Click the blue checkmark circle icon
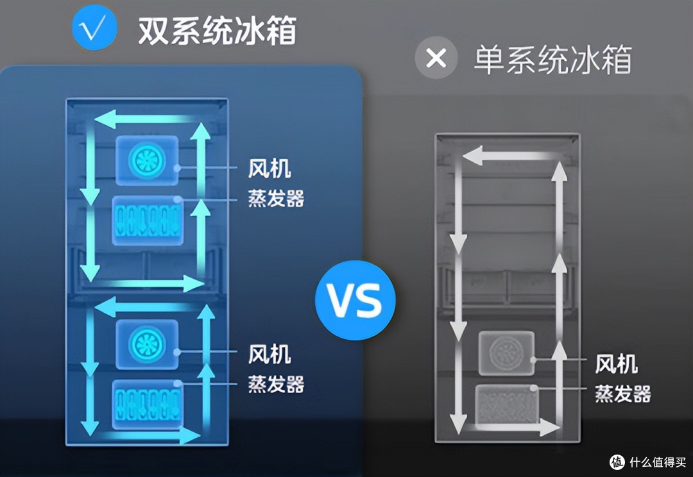pyautogui.click(x=94, y=28)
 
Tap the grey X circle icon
pyautogui.click(x=436, y=58)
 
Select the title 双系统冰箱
pyautogui.click(x=218, y=31)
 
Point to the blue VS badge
pyautogui.click(x=355, y=300)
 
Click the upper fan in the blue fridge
pyautogui.click(x=147, y=160)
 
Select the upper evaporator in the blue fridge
pyautogui.click(x=148, y=221)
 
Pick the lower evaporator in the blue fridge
pyautogui.click(x=148, y=405)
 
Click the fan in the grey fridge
pyautogui.click(x=506, y=353)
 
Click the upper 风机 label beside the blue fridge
pyautogui.click(x=269, y=169)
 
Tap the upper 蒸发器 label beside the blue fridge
pyautogui.click(x=276, y=198)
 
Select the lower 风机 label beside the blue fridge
pyautogui.click(x=269, y=354)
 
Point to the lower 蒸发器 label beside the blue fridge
pyautogui.click(x=276, y=384)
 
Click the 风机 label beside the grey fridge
pyautogui.click(x=616, y=364)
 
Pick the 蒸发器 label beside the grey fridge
pyautogui.click(x=622, y=394)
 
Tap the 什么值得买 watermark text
pyautogui.click(x=657, y=462)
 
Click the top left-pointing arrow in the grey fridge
pyautogui.click(x=509, y=156)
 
